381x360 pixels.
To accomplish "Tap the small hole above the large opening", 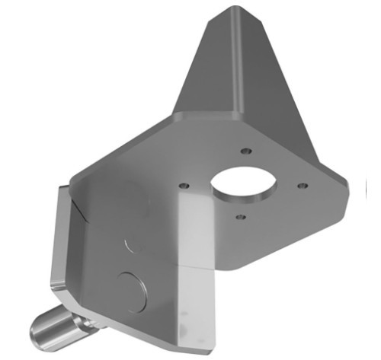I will (x=245, y=151).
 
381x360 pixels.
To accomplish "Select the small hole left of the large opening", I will (x=183, y=185).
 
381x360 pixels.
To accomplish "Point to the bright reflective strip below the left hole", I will (x=192, y=228).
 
